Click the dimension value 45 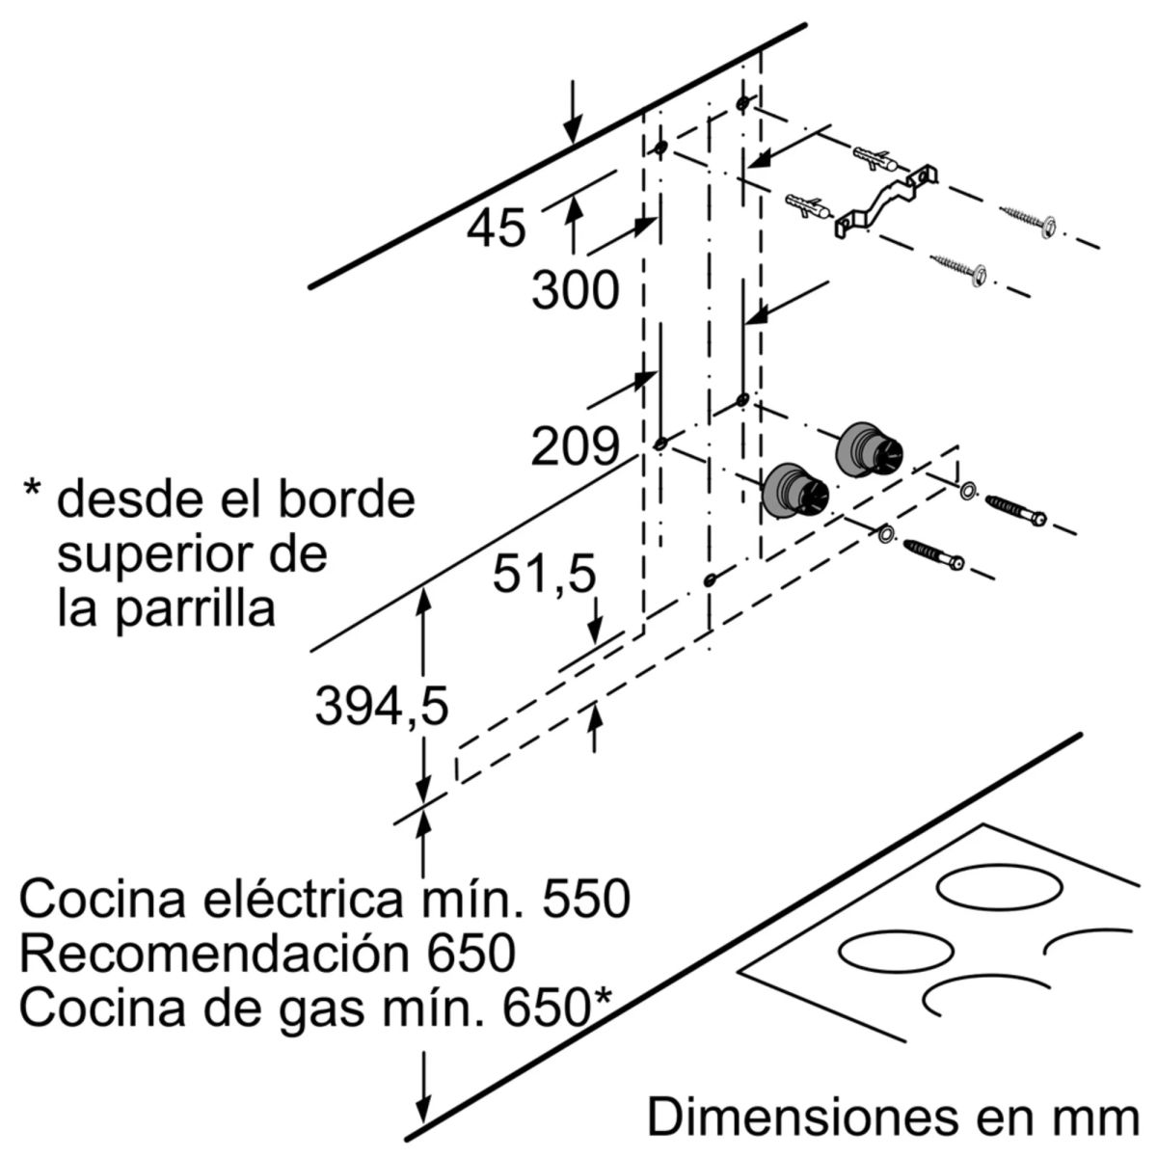pyautogui.click(x=497, y=229)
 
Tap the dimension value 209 pyautogui.click(x=575, y=446)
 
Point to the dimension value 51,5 pyautogui.click(x=544, y=576)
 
